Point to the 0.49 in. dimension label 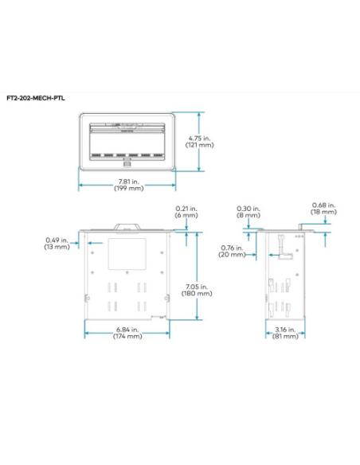click(x=55, y=240)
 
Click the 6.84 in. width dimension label click(x=126, y=329)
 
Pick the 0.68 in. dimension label click(x=323, y=205)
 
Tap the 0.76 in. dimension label click(x=233, y=247)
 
